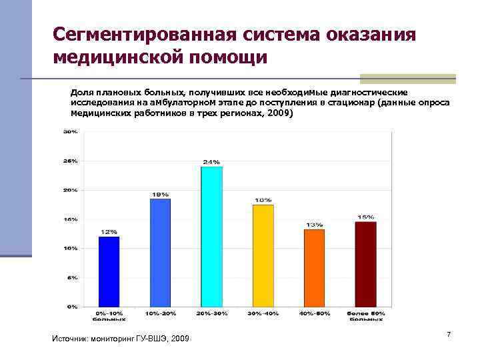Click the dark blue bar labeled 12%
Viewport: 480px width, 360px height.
109,271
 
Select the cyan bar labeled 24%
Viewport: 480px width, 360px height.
211,237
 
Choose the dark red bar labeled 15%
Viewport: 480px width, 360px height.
365,264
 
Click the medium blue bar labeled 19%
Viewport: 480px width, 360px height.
160,253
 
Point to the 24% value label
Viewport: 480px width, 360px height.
211,162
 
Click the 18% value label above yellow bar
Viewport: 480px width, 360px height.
263,200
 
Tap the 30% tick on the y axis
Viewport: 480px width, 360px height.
70,132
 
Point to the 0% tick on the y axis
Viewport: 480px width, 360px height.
71,307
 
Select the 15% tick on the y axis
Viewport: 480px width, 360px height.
70,219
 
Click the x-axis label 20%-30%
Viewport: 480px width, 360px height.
211,313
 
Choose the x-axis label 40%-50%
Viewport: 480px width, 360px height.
314,313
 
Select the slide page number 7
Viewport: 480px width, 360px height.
449,334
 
